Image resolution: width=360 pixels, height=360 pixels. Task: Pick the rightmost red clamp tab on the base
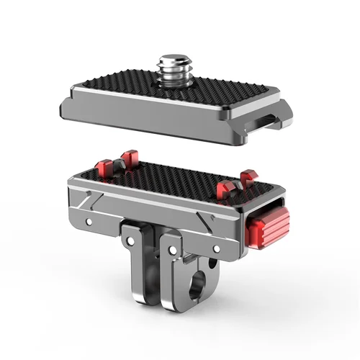pyautogui.click(x=249, y=178)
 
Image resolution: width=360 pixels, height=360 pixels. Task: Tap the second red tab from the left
pyautogui.click(x=130, y=158)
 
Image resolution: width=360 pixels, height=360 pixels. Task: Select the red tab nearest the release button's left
pyautogui.click(x=224, y=188)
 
